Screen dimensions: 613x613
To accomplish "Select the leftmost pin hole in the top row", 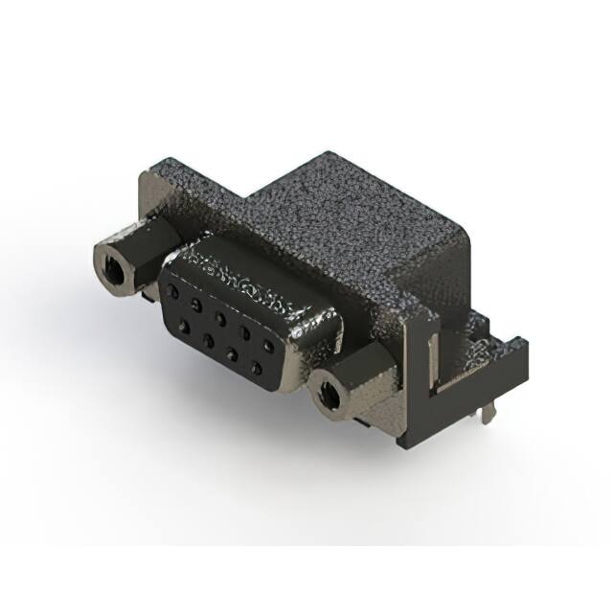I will (x=173, y=288).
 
